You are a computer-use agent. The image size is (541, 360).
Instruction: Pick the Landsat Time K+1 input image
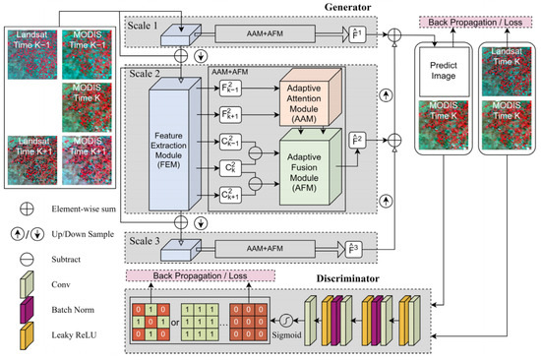[33, 159]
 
